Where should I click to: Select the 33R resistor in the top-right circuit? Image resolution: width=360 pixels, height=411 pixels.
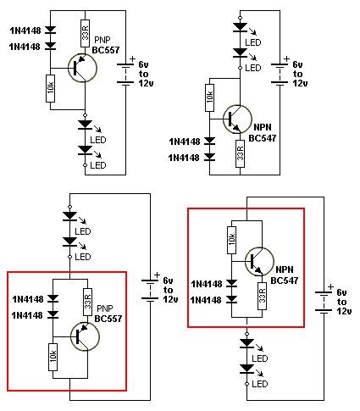(x=240, y=152)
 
